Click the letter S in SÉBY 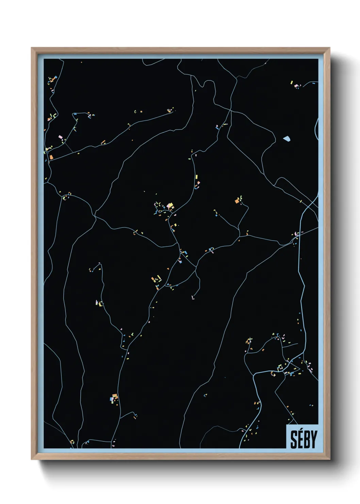[294, 439]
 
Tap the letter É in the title [300, 440]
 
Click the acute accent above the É [301, 431]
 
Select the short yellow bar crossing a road [301, 202]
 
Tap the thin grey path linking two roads [68, 147]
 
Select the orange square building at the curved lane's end [237, 201]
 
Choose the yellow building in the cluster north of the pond [292, 82]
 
